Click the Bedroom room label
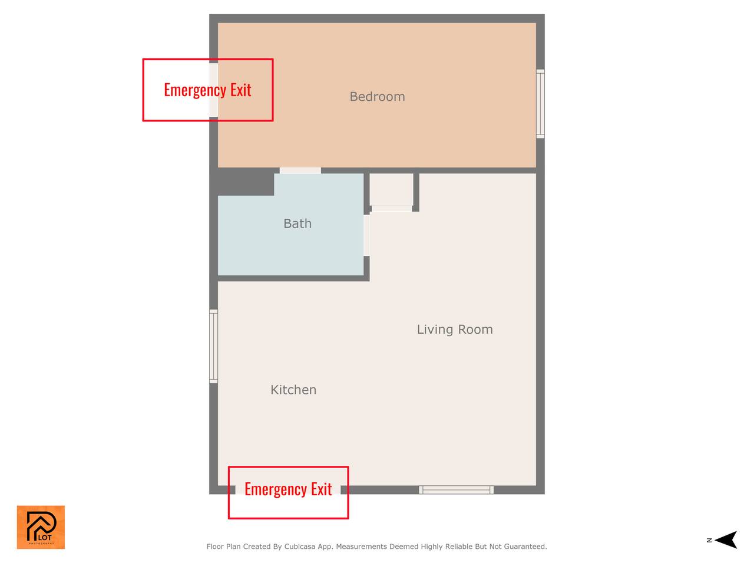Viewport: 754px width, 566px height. (x=377, y=97)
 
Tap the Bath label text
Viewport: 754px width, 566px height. (x=297, y=223)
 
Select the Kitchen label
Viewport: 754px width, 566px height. (x=293, y=390)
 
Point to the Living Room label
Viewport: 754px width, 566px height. (x=455, y=329)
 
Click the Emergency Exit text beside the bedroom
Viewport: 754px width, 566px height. (x=207, y=90)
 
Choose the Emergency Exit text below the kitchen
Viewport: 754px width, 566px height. (x=288, y=489)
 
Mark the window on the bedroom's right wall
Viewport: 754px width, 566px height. (x=540, y=104)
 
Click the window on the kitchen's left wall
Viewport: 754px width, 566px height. (x=214, y=346)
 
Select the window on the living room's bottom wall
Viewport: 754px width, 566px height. (x=456, y=490)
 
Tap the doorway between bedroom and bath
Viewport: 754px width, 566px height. (x=300, y=170)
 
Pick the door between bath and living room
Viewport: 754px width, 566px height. (x=366, y=235)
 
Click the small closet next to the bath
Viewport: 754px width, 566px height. (x=391, y=190)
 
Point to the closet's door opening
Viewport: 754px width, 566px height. (x=392, y=209)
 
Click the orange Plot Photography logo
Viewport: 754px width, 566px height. (x=41, y=527)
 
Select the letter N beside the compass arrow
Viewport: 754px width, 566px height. (x=709, y=540)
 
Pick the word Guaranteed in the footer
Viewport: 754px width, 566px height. (x=525, y=547)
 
